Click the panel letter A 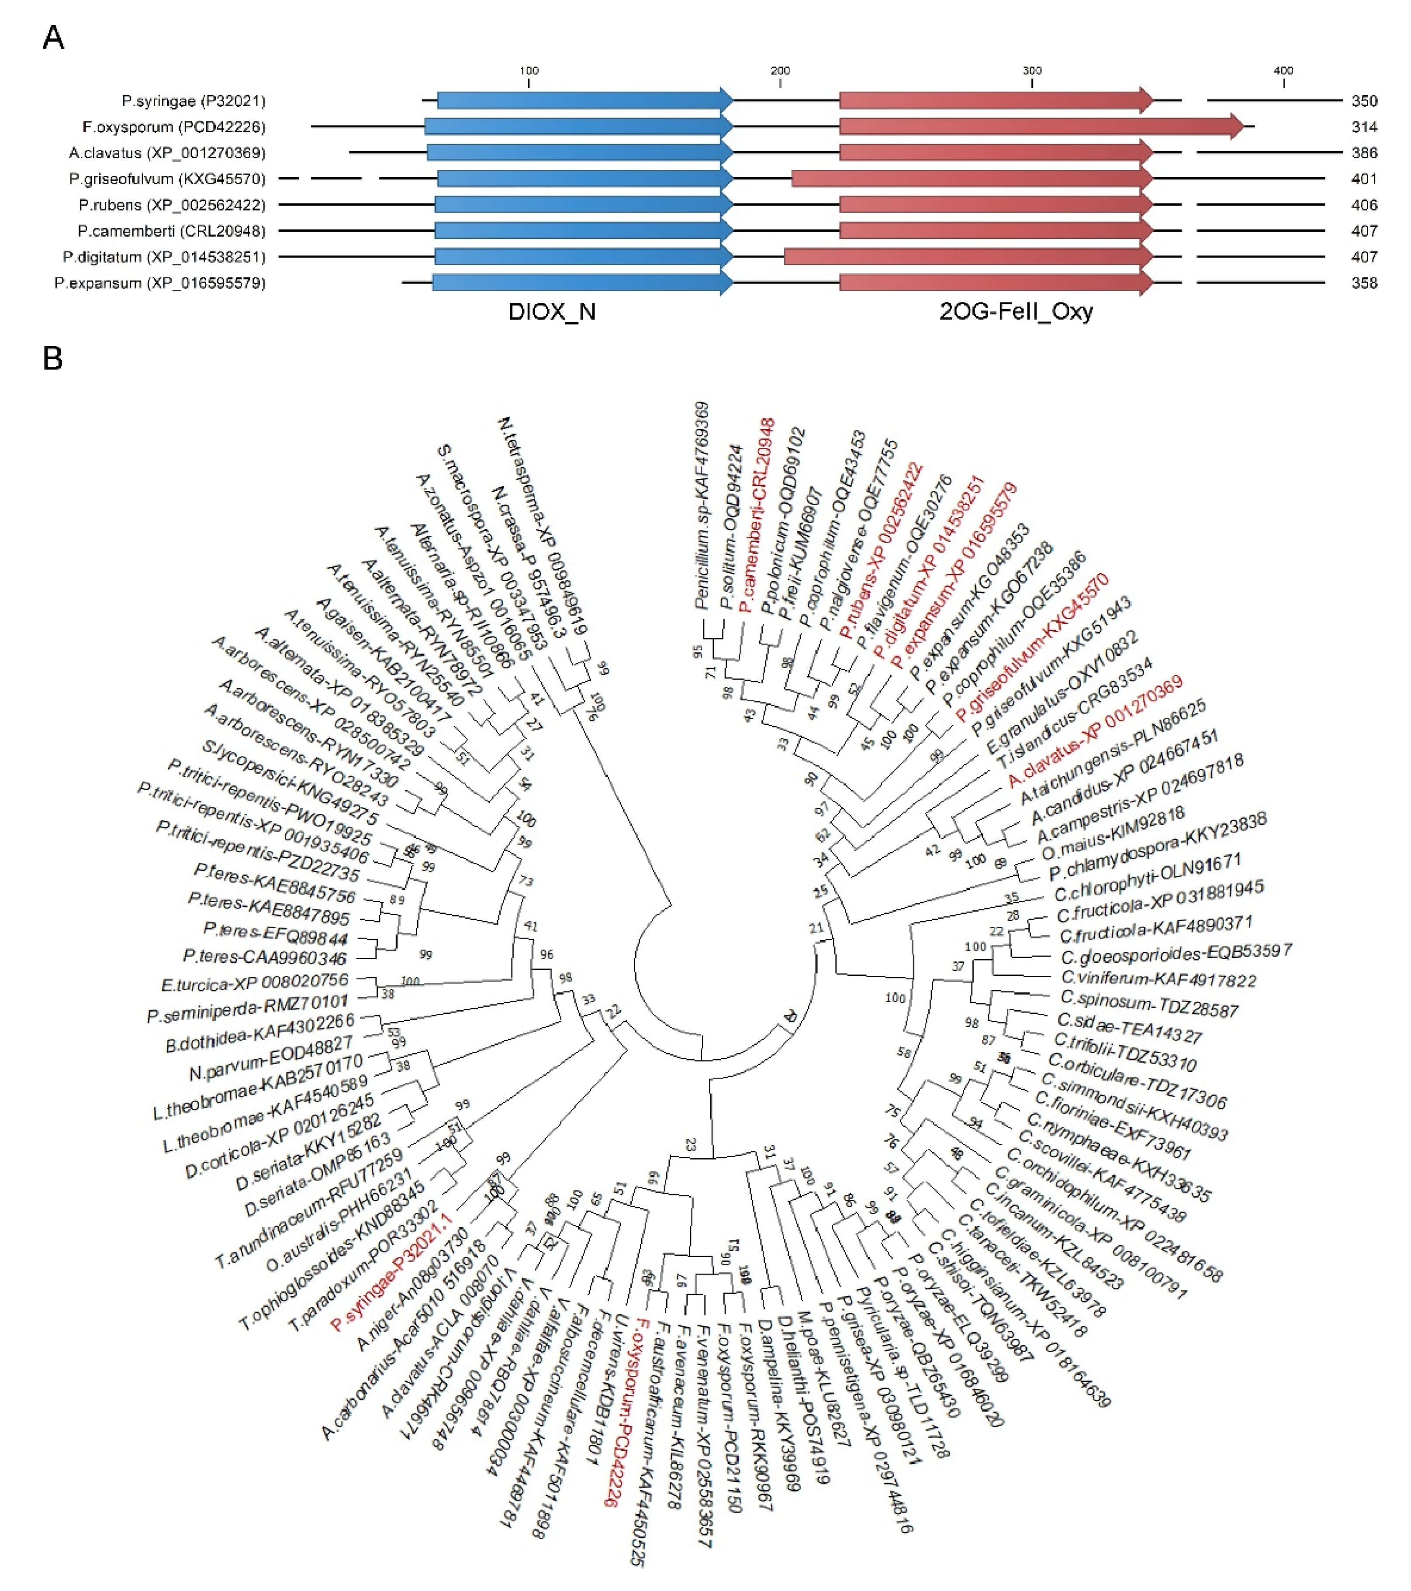coord(53,38)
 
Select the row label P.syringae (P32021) coord(193,101)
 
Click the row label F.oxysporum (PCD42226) coord(174,127)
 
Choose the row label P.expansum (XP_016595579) coord(159,283)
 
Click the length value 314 coord(1364,127)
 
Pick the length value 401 coord(1364,179)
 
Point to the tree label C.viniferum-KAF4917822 coord(1159,978)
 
